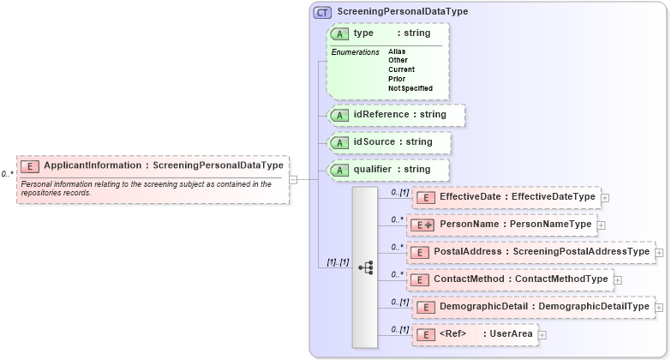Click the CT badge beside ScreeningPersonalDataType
(x=323, y=12)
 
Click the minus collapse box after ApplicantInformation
(x=293, y=180)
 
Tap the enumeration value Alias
(x=397, y=51)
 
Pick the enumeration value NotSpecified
(x=410, y=88)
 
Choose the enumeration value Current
(x=401, y=69)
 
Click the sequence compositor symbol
(x=365, y=267)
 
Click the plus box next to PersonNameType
(x=601, y=225)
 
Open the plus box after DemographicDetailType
(x=660, y=307)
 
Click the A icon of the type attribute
(x=339, y=33)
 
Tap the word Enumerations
(x=355, y=52)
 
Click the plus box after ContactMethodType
(x=618, y=279)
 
